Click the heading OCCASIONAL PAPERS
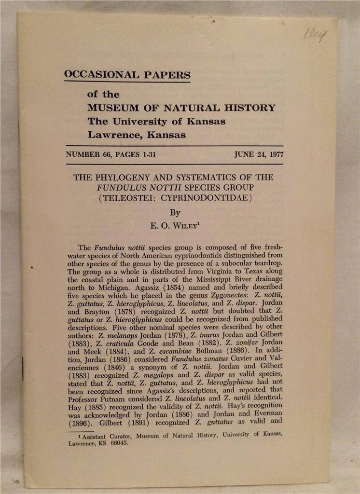(x=127, y=75)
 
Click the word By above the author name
(x=175, y=212)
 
